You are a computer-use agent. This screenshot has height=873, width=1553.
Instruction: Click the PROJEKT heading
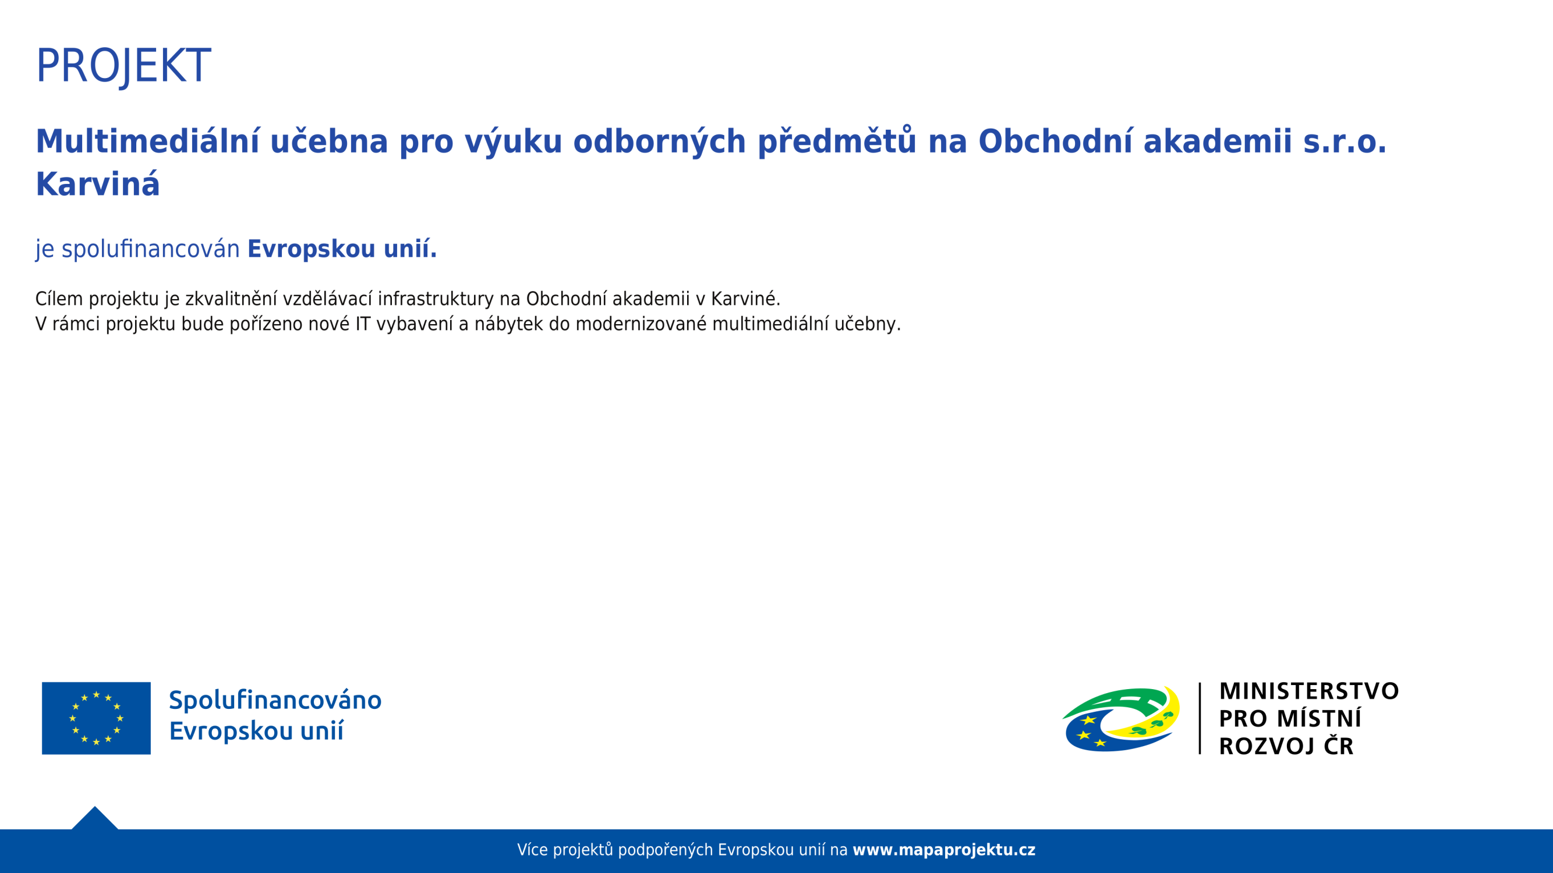123,66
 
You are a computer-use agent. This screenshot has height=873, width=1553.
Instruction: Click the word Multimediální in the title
148,141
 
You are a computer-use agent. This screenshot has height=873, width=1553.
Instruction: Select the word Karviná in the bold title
98,184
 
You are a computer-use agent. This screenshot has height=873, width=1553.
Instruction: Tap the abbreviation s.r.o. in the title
1345,141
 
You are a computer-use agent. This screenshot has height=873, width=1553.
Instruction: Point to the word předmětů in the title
837,141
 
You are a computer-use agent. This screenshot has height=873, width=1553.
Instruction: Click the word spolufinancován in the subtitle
151,249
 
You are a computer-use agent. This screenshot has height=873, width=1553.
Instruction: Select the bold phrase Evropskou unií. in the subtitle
342,249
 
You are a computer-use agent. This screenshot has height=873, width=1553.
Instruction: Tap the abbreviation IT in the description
363,324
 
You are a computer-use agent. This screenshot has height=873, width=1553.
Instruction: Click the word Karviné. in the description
746,299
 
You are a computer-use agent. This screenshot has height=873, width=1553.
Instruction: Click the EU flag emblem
97,718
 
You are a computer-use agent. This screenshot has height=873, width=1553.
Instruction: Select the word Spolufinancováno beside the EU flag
275,701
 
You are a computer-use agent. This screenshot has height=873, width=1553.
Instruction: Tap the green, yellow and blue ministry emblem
1122,719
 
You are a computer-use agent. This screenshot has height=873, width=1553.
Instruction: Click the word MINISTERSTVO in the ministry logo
1309,691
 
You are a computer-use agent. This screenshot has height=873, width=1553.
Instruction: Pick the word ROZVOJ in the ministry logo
1267,747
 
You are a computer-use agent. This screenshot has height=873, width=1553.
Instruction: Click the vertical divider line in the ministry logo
1200,718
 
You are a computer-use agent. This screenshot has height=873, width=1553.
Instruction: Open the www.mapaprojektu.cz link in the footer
944,850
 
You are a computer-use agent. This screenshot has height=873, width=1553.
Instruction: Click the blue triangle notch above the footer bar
95,819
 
